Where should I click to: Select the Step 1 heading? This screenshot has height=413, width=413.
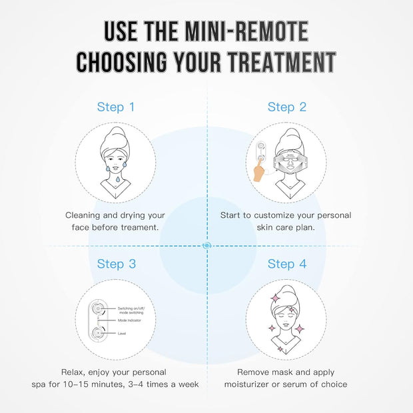click(x=115, y=107)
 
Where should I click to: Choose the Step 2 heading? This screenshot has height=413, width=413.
click(x=286, y=107)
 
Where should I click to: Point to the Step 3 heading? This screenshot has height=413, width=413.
click(x=116, y=264)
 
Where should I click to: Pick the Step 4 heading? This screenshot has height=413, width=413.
click(x=286, y=264)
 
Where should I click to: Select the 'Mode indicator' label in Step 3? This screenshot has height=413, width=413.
click(x=129, y=320)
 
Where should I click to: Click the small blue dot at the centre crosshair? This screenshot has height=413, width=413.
click(x=206, y=246)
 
